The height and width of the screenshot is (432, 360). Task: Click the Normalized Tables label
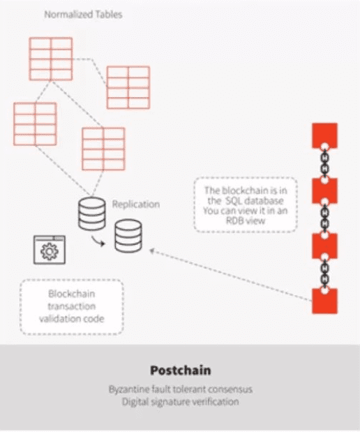tap(83, 15)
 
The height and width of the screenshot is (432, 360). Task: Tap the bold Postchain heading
tap(181, 371)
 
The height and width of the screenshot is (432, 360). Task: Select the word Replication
tap(136, 204)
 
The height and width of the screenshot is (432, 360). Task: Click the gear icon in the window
tap(50, 251)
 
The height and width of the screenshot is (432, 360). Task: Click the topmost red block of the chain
tap(324, 135)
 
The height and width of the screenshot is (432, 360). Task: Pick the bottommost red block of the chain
tap(324, 301)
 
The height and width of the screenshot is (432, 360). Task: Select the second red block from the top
tap(324, 191)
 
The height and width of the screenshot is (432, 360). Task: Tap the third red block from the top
tap(324, 246)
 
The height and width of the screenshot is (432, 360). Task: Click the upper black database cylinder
tap(91, 214)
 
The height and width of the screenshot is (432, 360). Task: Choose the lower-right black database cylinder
tap(128, 236)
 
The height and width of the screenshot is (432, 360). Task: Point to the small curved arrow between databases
tap(98, 241)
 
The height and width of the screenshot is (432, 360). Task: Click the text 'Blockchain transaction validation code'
tap(72, 306)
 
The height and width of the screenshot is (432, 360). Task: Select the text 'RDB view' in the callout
tap(246, 221)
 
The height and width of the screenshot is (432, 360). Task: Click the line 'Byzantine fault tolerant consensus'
tap(181, 389)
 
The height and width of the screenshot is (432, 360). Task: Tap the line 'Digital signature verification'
tap(181, 402)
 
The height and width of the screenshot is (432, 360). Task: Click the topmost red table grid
tap(51, 59)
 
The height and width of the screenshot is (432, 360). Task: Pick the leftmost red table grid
tap(35, 124)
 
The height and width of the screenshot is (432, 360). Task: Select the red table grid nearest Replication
tap(103, 149)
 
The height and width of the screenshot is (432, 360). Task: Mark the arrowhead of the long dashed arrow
tap(152, 251)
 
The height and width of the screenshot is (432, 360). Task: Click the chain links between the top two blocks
tap(324, 163)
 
